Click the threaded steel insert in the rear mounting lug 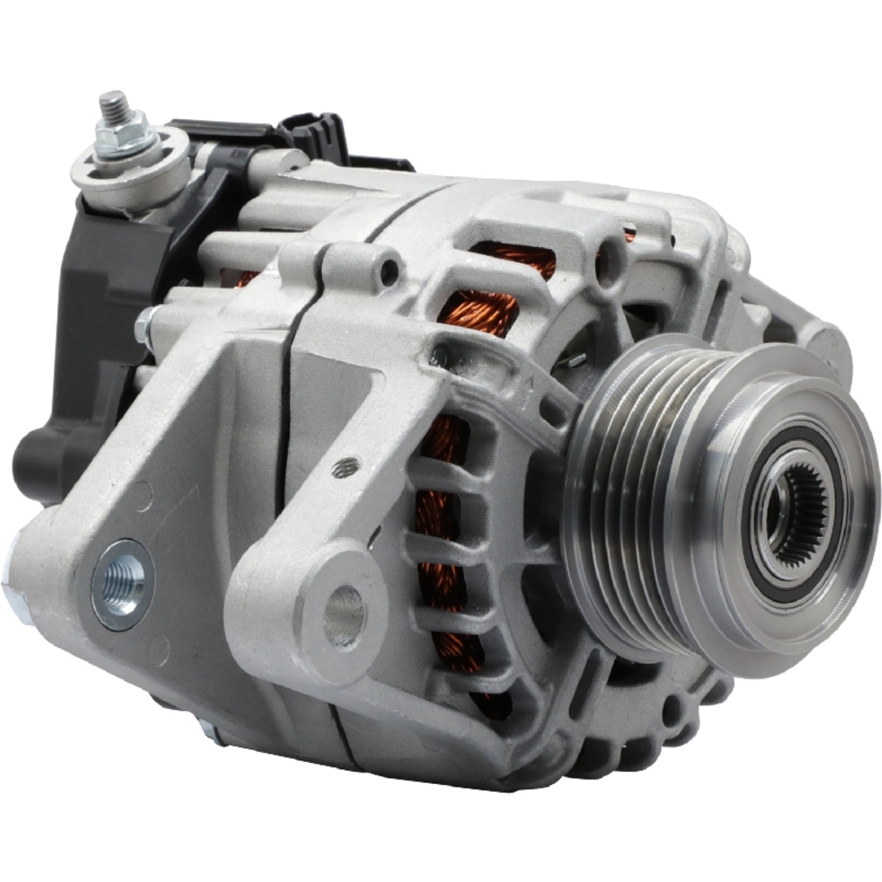tap(122, 581)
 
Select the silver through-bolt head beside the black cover tap(145, 327)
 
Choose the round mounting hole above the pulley tap(609, 267)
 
